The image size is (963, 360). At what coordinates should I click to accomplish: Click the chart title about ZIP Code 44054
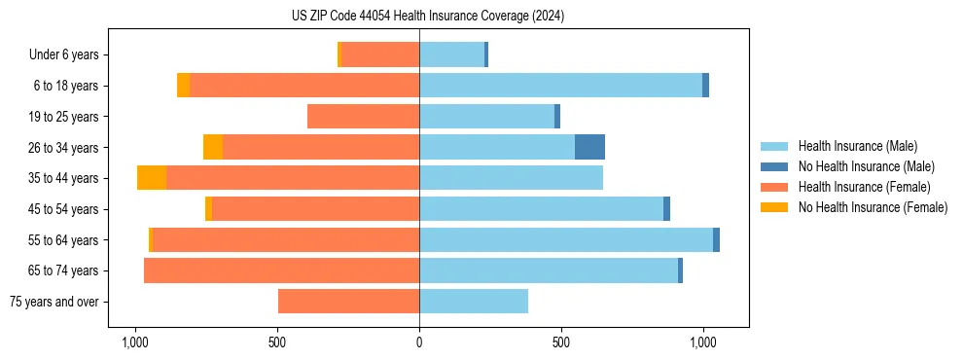point(427,16)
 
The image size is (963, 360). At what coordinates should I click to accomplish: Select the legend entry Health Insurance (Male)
point(857,146)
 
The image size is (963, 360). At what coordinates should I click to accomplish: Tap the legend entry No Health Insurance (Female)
point(873,207)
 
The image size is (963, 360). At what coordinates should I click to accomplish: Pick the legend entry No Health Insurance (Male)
point(866,166)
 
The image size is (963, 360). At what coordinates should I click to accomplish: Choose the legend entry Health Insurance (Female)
point(864,187)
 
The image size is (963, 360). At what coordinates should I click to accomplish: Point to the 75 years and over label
point(54,302)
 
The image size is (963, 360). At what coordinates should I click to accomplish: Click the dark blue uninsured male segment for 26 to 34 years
point(589,147)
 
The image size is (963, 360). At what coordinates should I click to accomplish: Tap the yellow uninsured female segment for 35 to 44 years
point(152,178)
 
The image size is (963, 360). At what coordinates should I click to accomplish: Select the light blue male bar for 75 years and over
point(474,302)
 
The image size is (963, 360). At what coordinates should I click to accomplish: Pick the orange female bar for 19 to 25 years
point(363,117)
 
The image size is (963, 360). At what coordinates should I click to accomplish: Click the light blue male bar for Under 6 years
point(451,54)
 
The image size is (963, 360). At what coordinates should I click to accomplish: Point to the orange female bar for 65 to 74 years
point(281,270)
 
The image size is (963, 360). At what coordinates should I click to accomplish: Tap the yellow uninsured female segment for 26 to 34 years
point(213,147)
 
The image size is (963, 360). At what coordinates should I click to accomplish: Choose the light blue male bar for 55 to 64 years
point(566,239)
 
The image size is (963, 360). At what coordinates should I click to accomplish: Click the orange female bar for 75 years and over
point(348,302)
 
